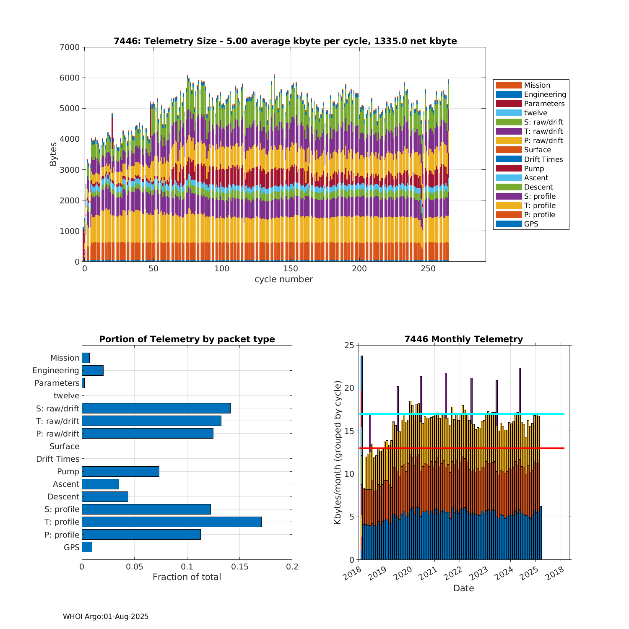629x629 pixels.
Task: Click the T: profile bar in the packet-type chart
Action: click(x=172, y=522)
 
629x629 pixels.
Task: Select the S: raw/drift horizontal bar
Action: click(x=156, y=408)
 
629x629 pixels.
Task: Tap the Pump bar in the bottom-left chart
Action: click(x=120, y=471)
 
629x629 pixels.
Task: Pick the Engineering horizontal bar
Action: click(x=93, y=370)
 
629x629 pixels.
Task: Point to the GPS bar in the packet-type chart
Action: click(x=87, y=547)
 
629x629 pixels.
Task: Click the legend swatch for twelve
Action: click(x=509, y=113)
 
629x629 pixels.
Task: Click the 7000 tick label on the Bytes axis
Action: click(x=70, y=47)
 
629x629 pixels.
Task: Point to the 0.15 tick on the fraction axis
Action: click(x=239, y=567)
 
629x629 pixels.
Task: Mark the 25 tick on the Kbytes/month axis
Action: click(x=349, y=345)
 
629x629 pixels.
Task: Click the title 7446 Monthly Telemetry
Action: click(x=463, y=339)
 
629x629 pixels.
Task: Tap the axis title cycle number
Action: click(x=283, y=279)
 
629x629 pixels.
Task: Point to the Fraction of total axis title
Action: click(x=187, y=577)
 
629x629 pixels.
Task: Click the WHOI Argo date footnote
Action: click(x=106, y=616)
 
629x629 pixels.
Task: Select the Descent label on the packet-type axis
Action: click(x=63, y=496)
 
